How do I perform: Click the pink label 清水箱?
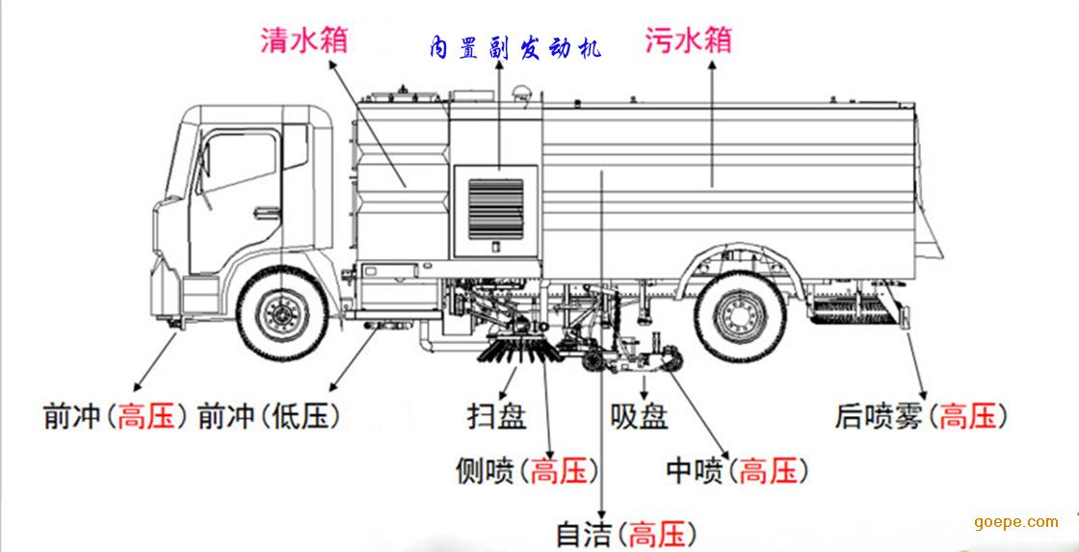303,39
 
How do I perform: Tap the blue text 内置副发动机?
514,49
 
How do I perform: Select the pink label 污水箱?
688,39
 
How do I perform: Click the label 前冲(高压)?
115,416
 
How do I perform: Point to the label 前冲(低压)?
269,416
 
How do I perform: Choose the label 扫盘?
497,416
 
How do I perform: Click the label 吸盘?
640,416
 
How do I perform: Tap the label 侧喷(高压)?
527,471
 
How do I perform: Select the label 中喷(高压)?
737,471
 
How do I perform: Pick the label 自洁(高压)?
626,534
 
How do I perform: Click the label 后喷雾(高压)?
921,416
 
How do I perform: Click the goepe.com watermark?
1015,522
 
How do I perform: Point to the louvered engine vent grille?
496,208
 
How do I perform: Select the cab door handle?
267,213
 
